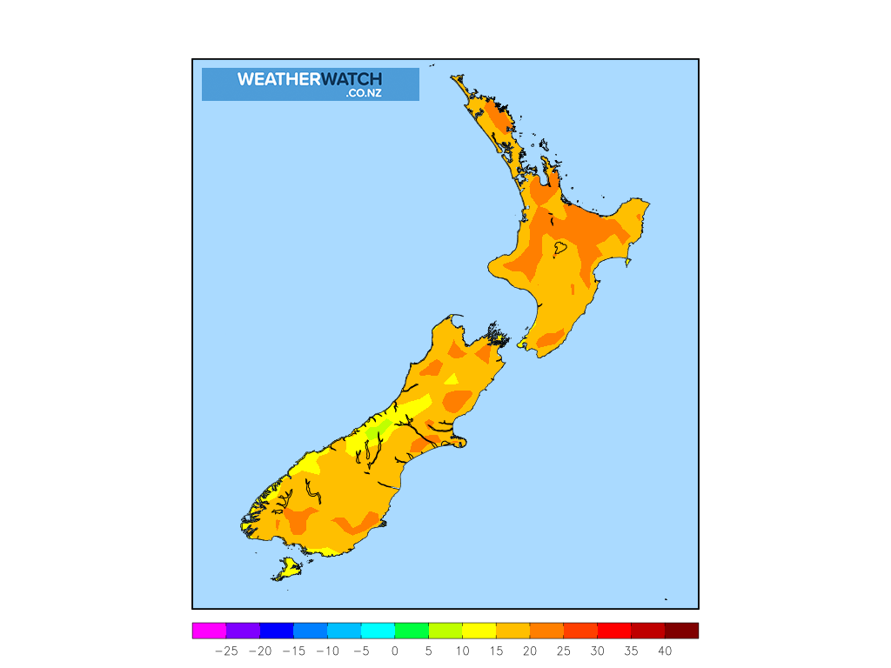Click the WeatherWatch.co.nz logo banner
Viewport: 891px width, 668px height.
point(310,84)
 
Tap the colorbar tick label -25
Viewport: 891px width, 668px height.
point(226,651)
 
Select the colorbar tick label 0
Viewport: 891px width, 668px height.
point(394,651)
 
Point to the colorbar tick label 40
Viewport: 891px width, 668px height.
point(665,651)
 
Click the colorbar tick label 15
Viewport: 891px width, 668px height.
point(496,651)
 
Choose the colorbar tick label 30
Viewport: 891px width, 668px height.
point(597,651)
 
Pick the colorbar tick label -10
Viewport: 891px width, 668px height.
point(327,651)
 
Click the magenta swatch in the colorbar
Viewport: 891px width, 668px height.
point(209,631)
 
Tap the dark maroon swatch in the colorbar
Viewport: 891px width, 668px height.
point(681,631)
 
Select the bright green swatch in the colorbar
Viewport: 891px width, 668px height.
point(412,631)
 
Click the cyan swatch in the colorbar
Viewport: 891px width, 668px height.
point(378,631)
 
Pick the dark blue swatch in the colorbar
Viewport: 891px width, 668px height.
point(277,631)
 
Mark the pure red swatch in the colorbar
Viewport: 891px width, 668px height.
point(613,631)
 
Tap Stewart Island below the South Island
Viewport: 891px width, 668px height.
point(287,571)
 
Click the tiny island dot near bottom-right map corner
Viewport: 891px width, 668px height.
point(666,598)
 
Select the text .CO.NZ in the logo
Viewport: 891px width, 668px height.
point(363,93)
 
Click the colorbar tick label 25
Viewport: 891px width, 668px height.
point(563,651)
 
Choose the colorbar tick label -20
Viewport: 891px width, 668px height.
point(260,651)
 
